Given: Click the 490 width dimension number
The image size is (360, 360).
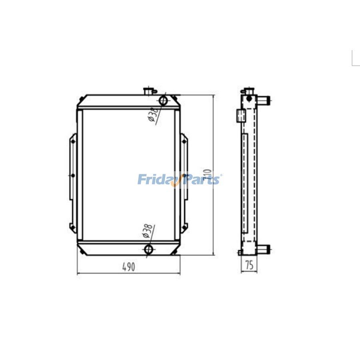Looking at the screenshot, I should (128, 267).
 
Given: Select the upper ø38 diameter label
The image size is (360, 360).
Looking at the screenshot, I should (152, 114).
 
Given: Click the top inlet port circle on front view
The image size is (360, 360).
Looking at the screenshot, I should (163, 100).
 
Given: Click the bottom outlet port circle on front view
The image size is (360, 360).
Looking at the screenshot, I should (148, 250).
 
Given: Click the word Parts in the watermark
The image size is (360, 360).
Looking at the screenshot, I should (202, 180).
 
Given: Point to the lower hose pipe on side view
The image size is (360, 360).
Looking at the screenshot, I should (264, 250).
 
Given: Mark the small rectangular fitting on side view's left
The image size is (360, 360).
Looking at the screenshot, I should (240, 115).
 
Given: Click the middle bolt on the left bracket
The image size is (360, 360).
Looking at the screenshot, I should (72, 175).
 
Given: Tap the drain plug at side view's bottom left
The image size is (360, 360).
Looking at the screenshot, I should (240, 252).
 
